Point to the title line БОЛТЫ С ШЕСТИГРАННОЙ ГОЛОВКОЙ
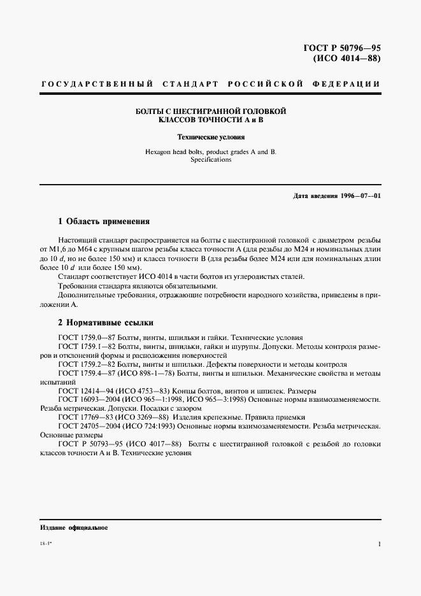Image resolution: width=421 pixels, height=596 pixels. coord(211,111)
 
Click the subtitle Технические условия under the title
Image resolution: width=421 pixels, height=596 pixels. coord(211,137)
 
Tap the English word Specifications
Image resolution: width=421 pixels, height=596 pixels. coord(211,160)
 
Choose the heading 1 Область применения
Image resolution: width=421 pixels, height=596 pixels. coord(103,222)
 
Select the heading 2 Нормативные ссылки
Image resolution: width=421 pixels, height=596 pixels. coord(105,322)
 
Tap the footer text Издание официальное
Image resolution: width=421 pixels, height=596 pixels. coord(73,528)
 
